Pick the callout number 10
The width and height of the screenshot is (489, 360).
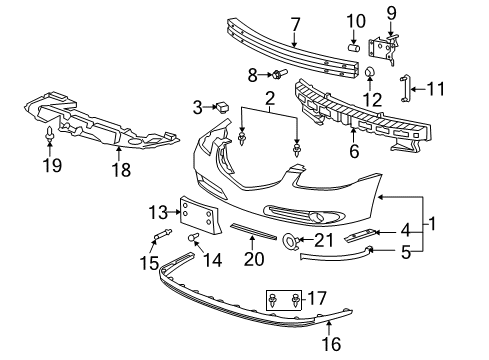click(356, 21)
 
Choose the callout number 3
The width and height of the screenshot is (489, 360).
click(198, 106)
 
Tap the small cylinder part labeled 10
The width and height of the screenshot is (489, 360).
click(354, 46)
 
